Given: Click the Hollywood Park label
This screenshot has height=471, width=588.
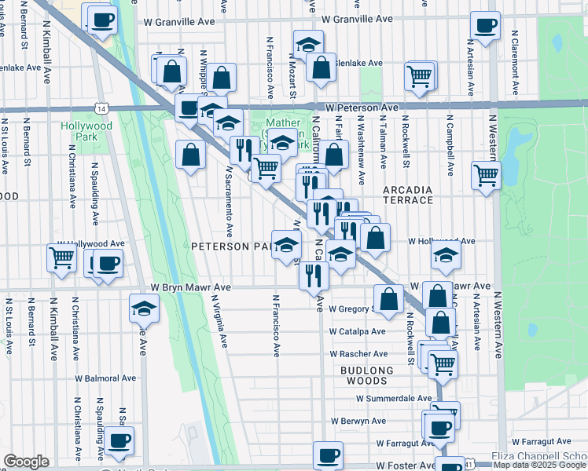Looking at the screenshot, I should (87, 131).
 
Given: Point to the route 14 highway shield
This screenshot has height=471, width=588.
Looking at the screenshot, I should (101, 108).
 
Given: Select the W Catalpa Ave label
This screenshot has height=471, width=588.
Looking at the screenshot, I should (358, 331).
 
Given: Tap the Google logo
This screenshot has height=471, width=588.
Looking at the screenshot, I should (26, 462).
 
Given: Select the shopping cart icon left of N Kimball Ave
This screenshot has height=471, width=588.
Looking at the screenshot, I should (61, 257).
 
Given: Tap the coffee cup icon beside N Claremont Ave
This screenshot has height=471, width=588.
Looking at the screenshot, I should (485, 24).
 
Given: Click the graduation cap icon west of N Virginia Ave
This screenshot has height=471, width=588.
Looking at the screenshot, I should (144, 308).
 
